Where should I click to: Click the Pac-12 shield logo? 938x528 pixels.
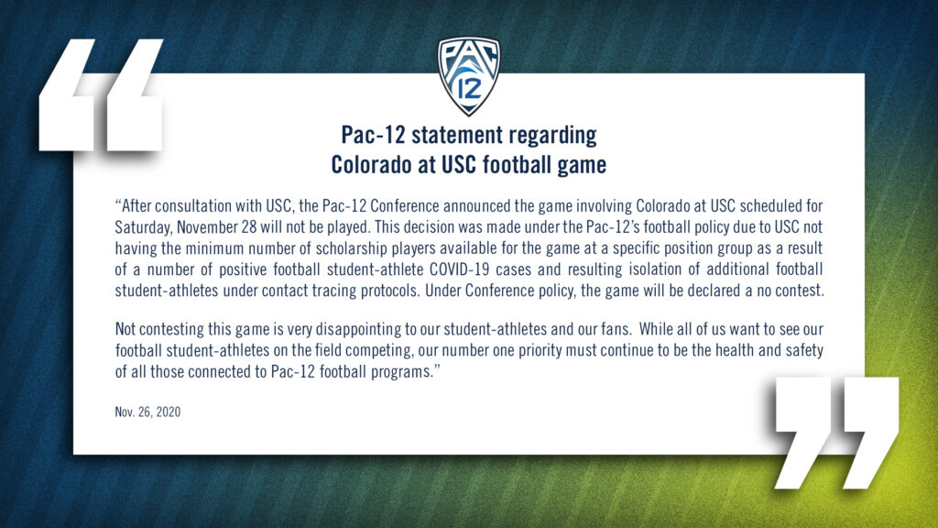[468, 75]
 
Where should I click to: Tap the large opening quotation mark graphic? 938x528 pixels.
[101, 94]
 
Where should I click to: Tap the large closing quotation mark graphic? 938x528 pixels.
[837, 433]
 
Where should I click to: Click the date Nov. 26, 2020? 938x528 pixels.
[147, 412]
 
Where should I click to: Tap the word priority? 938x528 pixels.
[536, 351]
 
